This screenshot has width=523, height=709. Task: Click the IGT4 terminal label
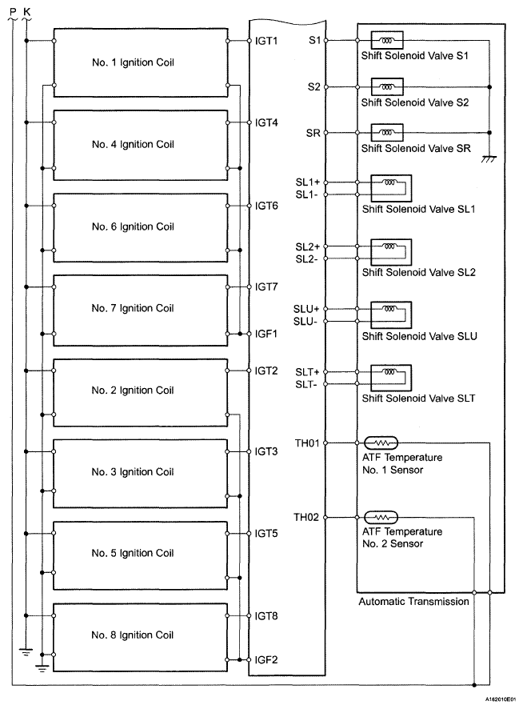[266, 122]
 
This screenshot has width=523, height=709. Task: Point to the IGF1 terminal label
[265, 334]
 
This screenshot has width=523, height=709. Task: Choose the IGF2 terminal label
[265, 659]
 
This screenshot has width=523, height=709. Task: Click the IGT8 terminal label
[266, 616]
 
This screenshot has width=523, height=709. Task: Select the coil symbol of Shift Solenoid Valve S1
[387, 40]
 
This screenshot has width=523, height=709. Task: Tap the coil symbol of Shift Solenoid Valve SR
[387, 133]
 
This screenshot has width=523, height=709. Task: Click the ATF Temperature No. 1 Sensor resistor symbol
[381, 443]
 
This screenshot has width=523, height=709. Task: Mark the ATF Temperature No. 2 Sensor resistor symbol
[381, 517]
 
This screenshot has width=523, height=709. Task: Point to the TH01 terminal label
[307, 443]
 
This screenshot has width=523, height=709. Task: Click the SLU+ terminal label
[306, 309]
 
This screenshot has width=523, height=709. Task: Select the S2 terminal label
[314, 86]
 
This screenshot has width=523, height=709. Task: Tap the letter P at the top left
[13, 11]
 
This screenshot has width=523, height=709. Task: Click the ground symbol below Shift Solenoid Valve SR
[489, 158]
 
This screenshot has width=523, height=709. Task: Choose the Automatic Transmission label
[413, 602]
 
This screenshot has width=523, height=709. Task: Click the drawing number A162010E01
[501, 699]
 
